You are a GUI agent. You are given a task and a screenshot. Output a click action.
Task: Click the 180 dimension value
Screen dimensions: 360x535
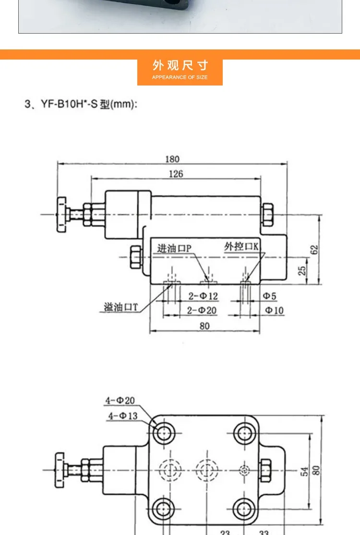click(172, 159)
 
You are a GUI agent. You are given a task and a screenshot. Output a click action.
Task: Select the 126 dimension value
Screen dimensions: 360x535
click(176, 174)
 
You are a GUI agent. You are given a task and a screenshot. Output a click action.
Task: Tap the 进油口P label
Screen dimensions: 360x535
click(174, 248)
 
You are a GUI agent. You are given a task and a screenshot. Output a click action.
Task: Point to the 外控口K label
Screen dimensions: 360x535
click(241, 246)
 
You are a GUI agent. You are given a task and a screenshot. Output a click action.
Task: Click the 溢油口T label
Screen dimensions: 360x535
click(121, 307)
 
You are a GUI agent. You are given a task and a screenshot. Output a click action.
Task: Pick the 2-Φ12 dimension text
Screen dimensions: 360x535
click(203, 296)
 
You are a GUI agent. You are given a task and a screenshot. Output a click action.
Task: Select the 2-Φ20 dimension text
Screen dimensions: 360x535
click(202, 311)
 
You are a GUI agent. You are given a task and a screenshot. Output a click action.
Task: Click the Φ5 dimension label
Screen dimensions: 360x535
click(269, 296)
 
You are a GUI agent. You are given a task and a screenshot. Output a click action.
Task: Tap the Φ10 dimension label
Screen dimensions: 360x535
click(274, 311)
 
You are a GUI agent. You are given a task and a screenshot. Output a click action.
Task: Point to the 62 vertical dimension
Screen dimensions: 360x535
click(314, 249)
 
